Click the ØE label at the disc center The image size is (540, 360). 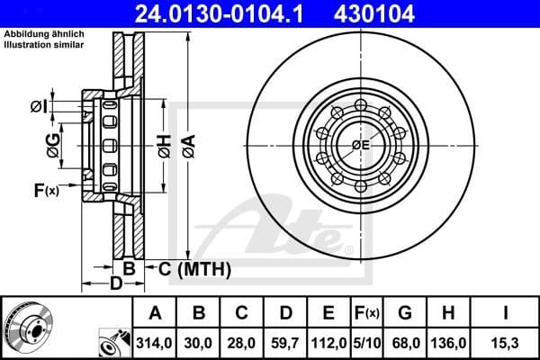[361, 145]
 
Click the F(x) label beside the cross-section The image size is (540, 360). [46, 190]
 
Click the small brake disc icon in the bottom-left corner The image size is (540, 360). [26, 327]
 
